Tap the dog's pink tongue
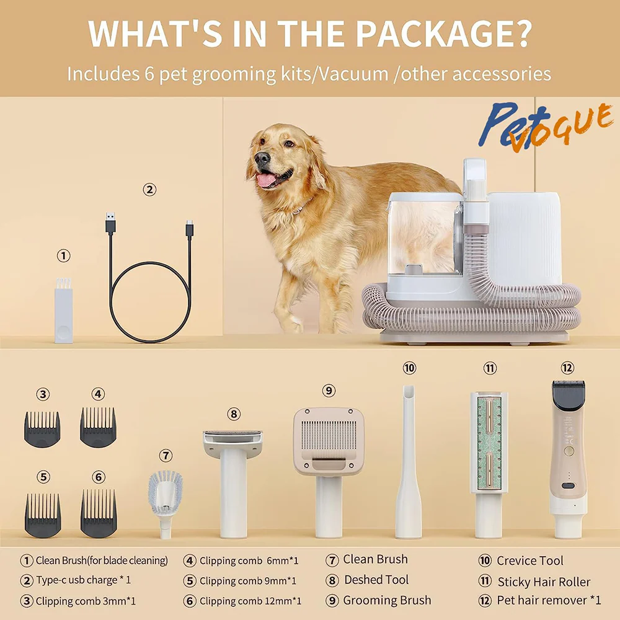click(x=266, y=180)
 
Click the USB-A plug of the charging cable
click(x=110, y=223)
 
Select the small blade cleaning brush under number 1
click(x=63, y=310)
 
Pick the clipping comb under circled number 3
click(x=42, y=430)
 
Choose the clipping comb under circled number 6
click(x=99, y=513)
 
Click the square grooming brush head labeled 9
click(x=329, y=441)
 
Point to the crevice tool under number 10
click(x=409, y=461)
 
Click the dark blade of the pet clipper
click(x=569, y=396)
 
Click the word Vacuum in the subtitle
click(x=353, y=74)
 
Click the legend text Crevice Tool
click(x=530, y=560)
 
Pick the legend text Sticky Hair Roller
click(x=544, y=582)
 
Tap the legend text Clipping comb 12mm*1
click(x=250, y=601)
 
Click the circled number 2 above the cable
click(x=149, y=190)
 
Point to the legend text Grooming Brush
click(x=387, y=600)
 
